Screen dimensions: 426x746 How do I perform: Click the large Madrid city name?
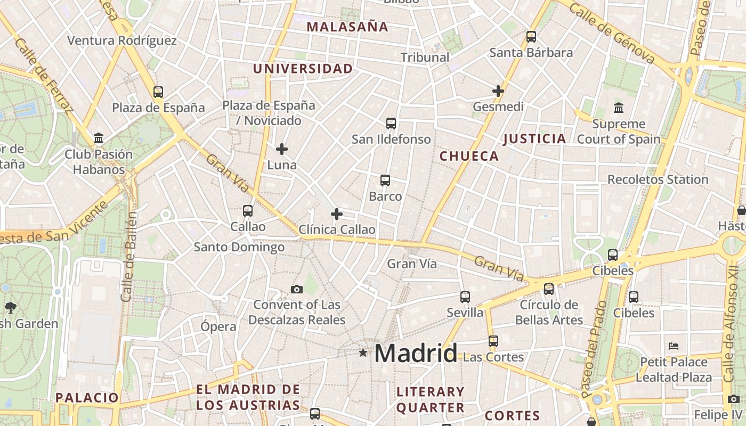pyautogui.click(x=416, y=353)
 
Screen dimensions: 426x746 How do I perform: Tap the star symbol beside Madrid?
pyautogui.click(x=363, y=353)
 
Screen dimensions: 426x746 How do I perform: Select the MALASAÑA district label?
pyautogui.click(x=347, y=27)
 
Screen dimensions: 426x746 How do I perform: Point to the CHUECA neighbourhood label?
pyautogui.click(x=469, y=156)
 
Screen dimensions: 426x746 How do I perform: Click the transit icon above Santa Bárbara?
pyautogui.click(x=531, y=37)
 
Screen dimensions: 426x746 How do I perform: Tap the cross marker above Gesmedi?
pyautogui.click(x=498, y=91)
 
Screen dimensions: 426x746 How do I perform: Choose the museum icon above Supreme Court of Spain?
pyautogui.click(x=619, y=108)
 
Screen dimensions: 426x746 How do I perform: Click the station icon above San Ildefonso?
pyautogui.click(x=391, y=124)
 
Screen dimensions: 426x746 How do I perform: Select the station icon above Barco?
pyautogui.click(x=385, y=181)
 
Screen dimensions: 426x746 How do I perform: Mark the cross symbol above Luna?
pyautogui.click(x=282, y=149)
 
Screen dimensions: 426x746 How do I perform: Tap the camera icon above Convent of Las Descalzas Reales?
pyautogui.click(x=297, y=289)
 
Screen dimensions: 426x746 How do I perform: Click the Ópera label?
pyautogui.click(x=218, y=326)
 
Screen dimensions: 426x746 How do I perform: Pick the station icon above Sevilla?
pyautogui.click(x=465, y=297)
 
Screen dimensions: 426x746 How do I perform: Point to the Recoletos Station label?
pyautogui.click(x=658, y=179)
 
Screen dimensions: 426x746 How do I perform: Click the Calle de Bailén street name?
pyautogui.click(x=128, y=256)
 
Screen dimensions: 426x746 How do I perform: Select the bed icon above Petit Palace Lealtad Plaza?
pyautogui.click(x=674, y=346)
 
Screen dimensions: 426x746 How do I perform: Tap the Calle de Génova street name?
pyautogui.click(x=612, y=33)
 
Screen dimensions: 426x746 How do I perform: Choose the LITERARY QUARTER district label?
pyautogui.click(x=431, y=400)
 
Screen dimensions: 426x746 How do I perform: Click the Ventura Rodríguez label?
pyautogui.click(x=122, y=40)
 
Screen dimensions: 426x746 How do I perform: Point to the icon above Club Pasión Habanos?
pyautogui.click(x=99, y=138)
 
